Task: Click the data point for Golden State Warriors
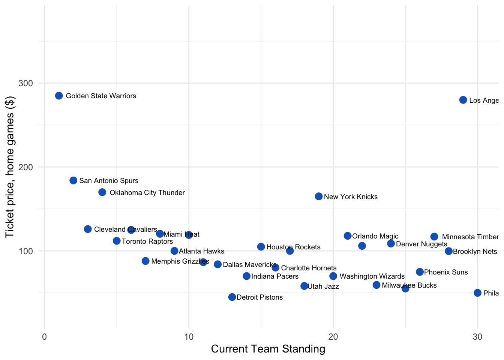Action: point(59,96)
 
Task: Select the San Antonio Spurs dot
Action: point(73,180)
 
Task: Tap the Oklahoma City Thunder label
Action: point(147,193)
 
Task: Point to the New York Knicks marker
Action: point(319,196)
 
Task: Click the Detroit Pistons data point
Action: point(232,297)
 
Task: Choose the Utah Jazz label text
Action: point(323,286)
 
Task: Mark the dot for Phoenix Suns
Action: point(420,272)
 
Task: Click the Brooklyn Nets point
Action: point(449,251)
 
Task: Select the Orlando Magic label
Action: point(375,236)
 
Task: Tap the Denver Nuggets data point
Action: point(391,244)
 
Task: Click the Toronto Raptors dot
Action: point(117,241)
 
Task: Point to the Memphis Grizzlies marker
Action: point(145,261)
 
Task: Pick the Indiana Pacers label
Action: point(275,276)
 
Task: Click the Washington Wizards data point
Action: point(333,276)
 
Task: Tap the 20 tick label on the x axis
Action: point(333,337)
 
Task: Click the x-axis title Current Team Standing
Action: point(268,349)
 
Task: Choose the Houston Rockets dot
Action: point(261,247)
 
